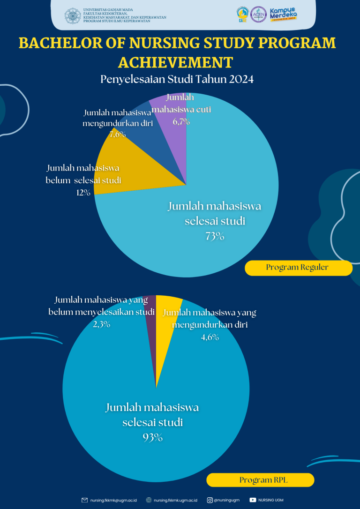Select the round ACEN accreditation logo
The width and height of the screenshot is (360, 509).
pos(258,15)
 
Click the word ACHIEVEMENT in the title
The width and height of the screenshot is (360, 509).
pos(175,62)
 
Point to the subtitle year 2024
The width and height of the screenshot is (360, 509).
pos(241,79)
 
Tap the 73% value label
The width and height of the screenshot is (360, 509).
pos(215,236)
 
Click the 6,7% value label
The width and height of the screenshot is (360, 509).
pos(181,122)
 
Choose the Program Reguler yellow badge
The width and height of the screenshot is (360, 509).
pos(298,268)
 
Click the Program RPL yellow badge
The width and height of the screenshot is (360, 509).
pos(260,480)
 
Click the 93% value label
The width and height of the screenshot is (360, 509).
pos(152,437)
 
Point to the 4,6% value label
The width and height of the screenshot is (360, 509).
pos(210,337)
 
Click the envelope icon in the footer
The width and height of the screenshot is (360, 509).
pos(85,500)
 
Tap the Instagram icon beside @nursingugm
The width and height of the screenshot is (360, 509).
pos(210,500)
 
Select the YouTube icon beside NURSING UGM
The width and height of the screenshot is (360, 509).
pos(253,500)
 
